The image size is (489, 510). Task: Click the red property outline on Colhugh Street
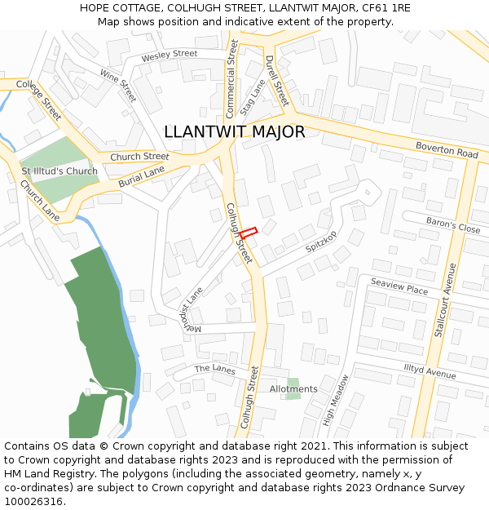click(249, 232)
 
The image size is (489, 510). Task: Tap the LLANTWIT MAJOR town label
click(235, 131)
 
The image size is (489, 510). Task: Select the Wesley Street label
click(170, 55)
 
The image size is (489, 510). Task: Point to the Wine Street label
click(118, 85)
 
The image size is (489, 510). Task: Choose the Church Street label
click(139, 157)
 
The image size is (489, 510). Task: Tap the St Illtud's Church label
click(59, 171)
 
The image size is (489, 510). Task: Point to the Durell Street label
click(277, 81)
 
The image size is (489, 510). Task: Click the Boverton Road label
click(446, 149)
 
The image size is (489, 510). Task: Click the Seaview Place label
click(399, 286)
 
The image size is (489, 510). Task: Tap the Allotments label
click(293, 389)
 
